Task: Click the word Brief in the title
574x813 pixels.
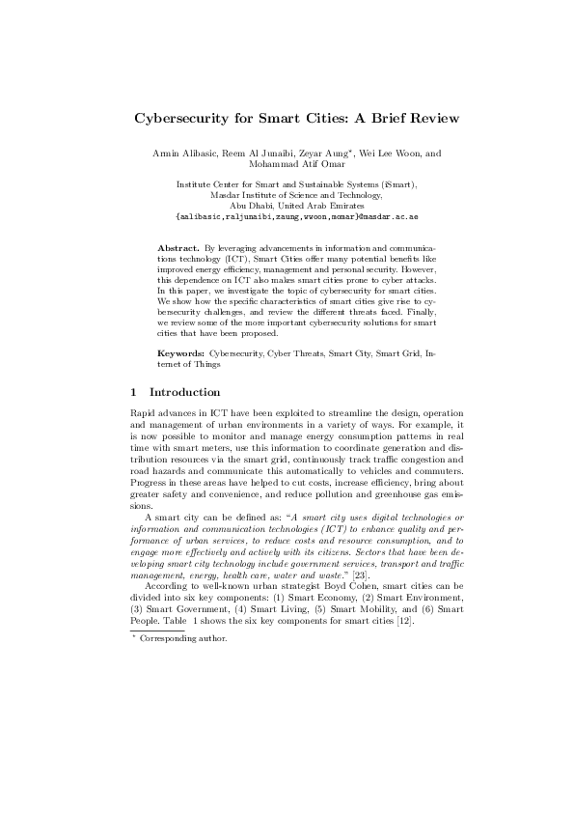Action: [x=373, y=119]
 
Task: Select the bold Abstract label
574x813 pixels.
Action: [x=176, y=248]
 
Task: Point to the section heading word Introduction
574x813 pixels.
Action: [x=185, y=392]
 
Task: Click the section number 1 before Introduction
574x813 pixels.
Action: [x=133, y=392]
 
